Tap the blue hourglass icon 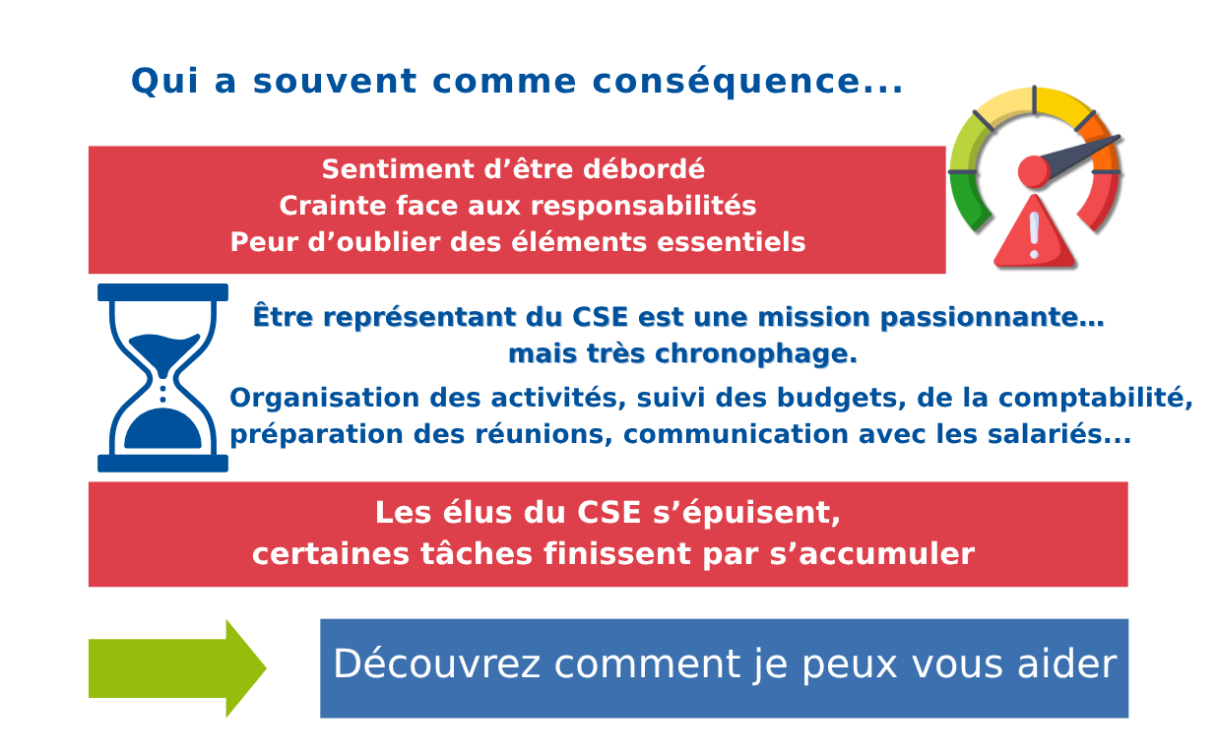coord(162,378)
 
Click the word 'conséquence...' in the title coord(747,82)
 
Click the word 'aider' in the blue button coord(1074,664)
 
